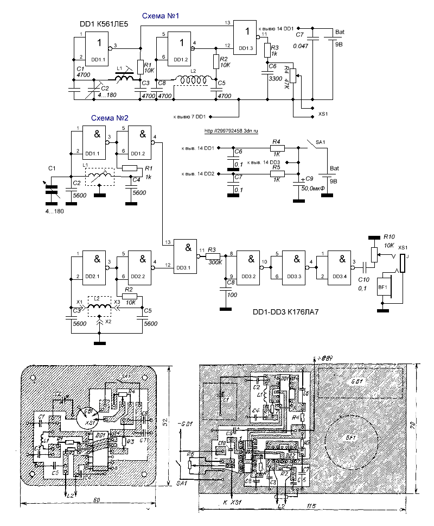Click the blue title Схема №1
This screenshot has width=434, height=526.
point(161,17)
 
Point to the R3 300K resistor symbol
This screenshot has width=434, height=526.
point(212,256)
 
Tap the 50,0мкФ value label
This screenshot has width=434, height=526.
point(312,188)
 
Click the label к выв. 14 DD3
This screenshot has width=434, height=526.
point(264,162)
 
